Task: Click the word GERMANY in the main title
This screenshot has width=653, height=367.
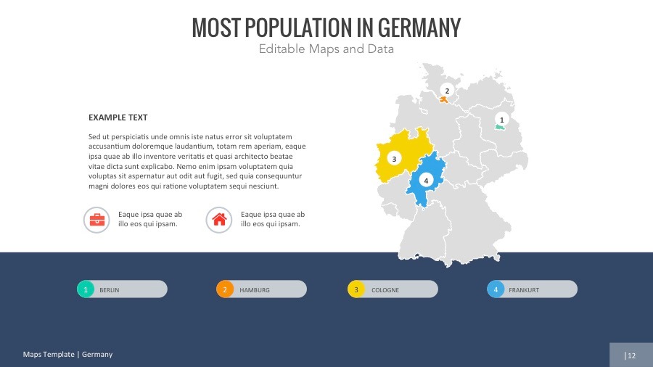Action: (419, 28)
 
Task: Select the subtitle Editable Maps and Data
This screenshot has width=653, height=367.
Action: (326, 49)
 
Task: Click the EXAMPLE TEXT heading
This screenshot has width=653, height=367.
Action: (118, 117)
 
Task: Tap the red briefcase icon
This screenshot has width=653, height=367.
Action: (96, 220)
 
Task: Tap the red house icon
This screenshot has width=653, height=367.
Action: (219, 220)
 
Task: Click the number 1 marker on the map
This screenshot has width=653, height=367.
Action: (501, 119)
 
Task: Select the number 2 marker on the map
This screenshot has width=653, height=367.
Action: (447, 91)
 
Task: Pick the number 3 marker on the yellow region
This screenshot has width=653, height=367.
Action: (394, 158)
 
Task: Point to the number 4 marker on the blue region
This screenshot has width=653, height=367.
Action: (427, 180)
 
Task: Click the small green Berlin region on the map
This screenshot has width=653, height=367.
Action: (499, 128)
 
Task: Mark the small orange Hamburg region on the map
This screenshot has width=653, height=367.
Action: (444, 99)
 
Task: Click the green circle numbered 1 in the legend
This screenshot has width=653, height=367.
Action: (86, 289)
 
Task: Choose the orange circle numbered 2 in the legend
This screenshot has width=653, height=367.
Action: (225, 289)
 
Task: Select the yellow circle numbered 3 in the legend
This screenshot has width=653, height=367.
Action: (356, 289)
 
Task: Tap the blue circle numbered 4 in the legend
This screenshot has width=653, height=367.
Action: (496, 289)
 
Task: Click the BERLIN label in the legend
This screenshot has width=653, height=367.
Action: (110, 290)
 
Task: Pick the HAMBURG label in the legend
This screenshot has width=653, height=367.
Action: (255, 290)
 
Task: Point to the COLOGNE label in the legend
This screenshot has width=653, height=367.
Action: (385, 290)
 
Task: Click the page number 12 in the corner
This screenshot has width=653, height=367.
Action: (631, 355)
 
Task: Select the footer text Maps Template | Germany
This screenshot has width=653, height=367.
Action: (67, 355)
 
